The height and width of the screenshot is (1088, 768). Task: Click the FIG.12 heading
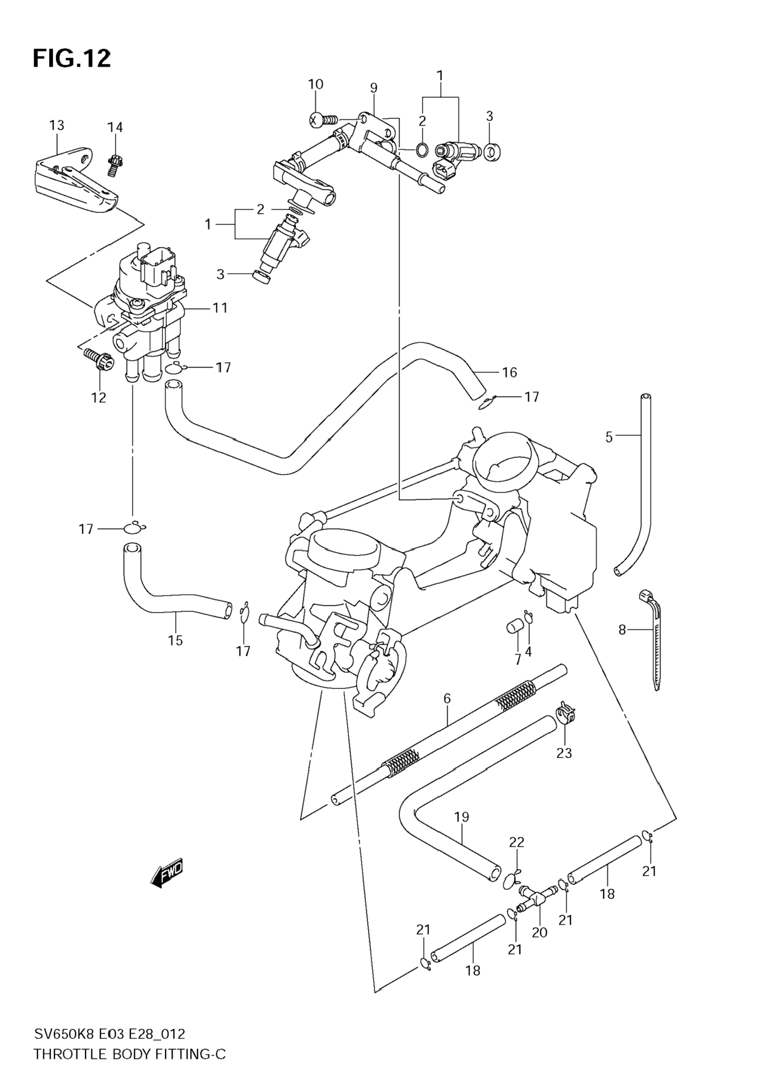[x=72, y=59]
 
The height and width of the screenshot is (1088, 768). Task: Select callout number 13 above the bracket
[x=57, y=126]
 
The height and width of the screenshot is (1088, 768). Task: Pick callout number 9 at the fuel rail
[x=374, y=88]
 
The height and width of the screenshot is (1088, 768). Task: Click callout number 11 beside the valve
[x=220, y=308]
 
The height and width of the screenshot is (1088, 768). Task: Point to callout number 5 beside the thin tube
[x=609, y=437]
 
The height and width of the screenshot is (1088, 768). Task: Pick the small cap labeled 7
[x=514, y=628]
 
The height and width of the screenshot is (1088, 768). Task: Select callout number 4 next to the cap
[x=528, y=652]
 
